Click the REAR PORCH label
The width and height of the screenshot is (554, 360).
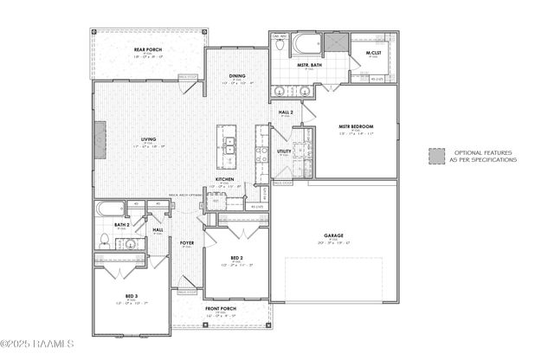148,50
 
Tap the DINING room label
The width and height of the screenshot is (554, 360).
237,76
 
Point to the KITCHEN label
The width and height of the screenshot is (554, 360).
225,179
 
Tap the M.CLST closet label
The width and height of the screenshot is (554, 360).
374,54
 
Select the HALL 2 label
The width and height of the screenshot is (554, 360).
286,112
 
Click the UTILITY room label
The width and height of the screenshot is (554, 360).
284,151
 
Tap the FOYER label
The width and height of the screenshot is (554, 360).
186,243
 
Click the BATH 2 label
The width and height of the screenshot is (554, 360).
122,225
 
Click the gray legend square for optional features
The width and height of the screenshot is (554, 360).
436,156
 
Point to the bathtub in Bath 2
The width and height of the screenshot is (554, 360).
110,208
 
